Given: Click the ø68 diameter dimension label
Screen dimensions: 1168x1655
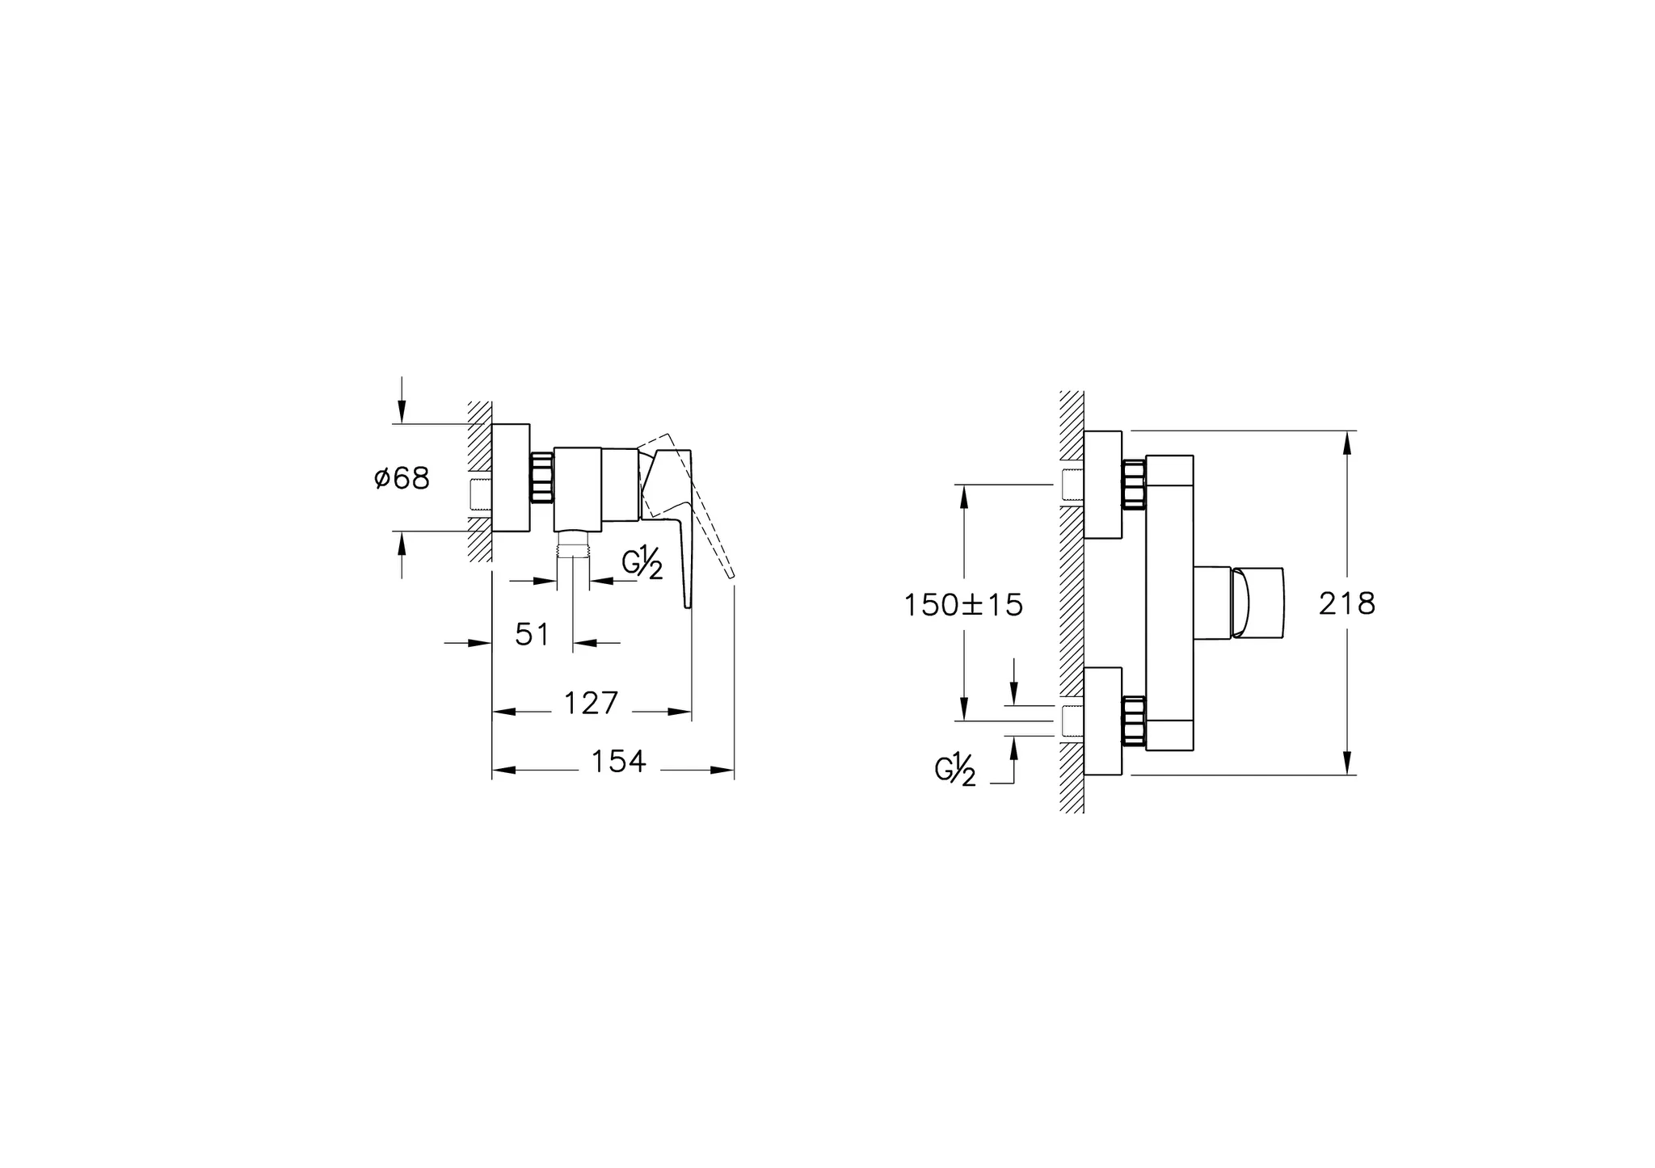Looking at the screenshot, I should coord(402,478).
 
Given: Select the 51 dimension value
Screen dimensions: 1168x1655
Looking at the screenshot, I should coord(533,635).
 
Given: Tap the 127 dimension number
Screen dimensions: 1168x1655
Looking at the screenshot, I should coord(591,704).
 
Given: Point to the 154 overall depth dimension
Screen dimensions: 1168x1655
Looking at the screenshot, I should coord(618,762).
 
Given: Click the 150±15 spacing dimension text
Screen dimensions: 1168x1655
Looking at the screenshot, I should coord(963,605).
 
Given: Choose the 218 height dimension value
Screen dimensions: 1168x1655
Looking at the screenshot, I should coord(1347,603).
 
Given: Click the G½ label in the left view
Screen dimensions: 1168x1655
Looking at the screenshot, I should coord(642,563).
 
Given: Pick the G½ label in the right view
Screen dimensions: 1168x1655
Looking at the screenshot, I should coord(955,770).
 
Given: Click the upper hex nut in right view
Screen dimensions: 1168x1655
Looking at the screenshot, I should coord(1134,485).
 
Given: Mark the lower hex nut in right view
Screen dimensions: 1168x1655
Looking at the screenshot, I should coord(1134,720).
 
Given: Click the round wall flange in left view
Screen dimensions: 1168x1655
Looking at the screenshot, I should coord(511,478).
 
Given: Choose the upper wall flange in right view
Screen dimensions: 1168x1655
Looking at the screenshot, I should coord(1103,485).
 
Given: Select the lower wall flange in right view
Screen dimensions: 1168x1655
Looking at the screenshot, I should coord(1103,721).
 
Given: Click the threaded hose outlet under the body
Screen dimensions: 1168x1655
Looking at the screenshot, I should coord(572,548).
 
